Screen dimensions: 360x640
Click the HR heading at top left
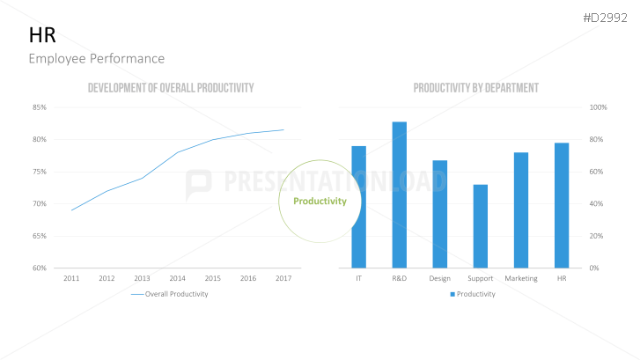42,35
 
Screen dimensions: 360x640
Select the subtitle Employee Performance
96,58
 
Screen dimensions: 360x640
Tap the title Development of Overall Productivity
171,88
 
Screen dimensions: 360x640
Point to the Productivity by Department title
475,88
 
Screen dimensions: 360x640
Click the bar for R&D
400,195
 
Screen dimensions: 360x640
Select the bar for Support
480,225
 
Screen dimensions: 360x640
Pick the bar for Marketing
521,209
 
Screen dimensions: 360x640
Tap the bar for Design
439,214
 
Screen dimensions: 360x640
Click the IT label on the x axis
358,278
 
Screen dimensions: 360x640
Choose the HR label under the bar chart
562,278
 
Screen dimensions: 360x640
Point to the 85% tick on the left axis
40,107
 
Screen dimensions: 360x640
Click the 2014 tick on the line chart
178,278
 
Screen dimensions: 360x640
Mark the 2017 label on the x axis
283,278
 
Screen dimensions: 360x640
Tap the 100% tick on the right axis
599,107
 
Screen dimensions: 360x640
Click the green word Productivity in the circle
320,201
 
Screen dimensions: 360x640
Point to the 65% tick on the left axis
40,236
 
